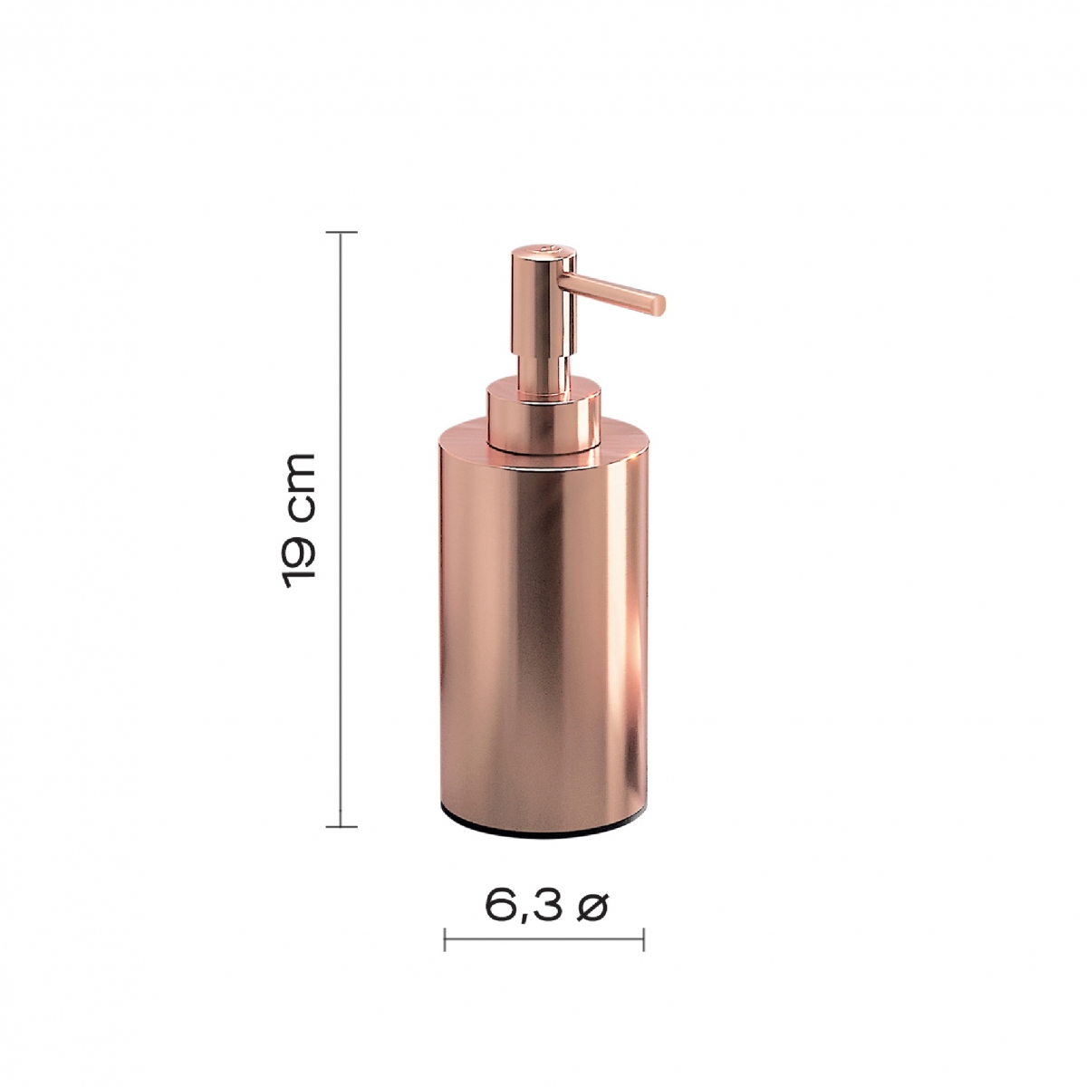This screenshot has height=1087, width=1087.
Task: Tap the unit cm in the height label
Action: tap(299, 486)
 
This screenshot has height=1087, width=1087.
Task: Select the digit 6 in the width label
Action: tap(500, 907)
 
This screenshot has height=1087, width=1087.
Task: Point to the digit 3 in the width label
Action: tap(545, 907)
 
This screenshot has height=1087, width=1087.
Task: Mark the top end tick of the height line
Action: tap(341, 233)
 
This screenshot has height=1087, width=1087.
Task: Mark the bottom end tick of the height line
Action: tap(341, 826)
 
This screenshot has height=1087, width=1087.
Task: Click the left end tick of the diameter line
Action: tap(445, 939)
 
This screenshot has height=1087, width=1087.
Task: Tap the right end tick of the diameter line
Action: tap(643, 939)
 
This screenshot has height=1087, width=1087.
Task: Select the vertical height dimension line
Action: tap(341, 634)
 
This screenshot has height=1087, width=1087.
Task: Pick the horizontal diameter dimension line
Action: tap(543, 939)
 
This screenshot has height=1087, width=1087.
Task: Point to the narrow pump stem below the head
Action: tap(541, 367)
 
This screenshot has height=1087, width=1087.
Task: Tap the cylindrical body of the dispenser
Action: tap(544, 634)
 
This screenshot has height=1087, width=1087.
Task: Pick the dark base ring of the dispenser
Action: tap(544, 831)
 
